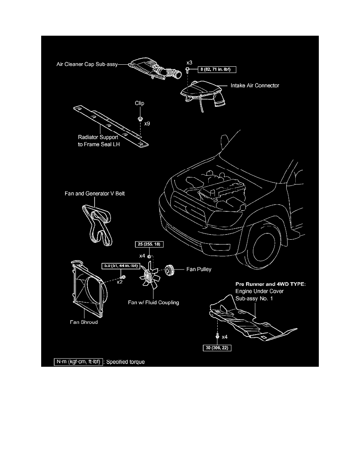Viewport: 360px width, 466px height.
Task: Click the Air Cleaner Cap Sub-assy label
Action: point(87,64)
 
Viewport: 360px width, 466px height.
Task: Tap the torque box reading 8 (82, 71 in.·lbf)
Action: point(217,69)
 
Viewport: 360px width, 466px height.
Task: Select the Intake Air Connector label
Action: point(255,86)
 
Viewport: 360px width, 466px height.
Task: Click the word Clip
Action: point(139,103)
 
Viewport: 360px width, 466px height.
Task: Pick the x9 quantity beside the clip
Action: point(147,123)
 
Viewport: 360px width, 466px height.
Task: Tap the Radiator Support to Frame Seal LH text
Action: point(98,140)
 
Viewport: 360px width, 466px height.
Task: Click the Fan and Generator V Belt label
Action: point(95,193)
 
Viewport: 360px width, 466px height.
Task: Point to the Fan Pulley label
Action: point(199,269)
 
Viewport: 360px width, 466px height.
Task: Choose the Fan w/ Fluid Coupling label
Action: point(154,302)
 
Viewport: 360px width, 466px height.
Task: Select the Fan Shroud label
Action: point(84,322)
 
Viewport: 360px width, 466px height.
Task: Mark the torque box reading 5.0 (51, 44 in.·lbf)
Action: point(121,266)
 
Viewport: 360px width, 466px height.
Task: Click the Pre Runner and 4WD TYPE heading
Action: point(271,284)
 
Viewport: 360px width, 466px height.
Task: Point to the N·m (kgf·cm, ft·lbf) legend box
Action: point(78,362)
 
